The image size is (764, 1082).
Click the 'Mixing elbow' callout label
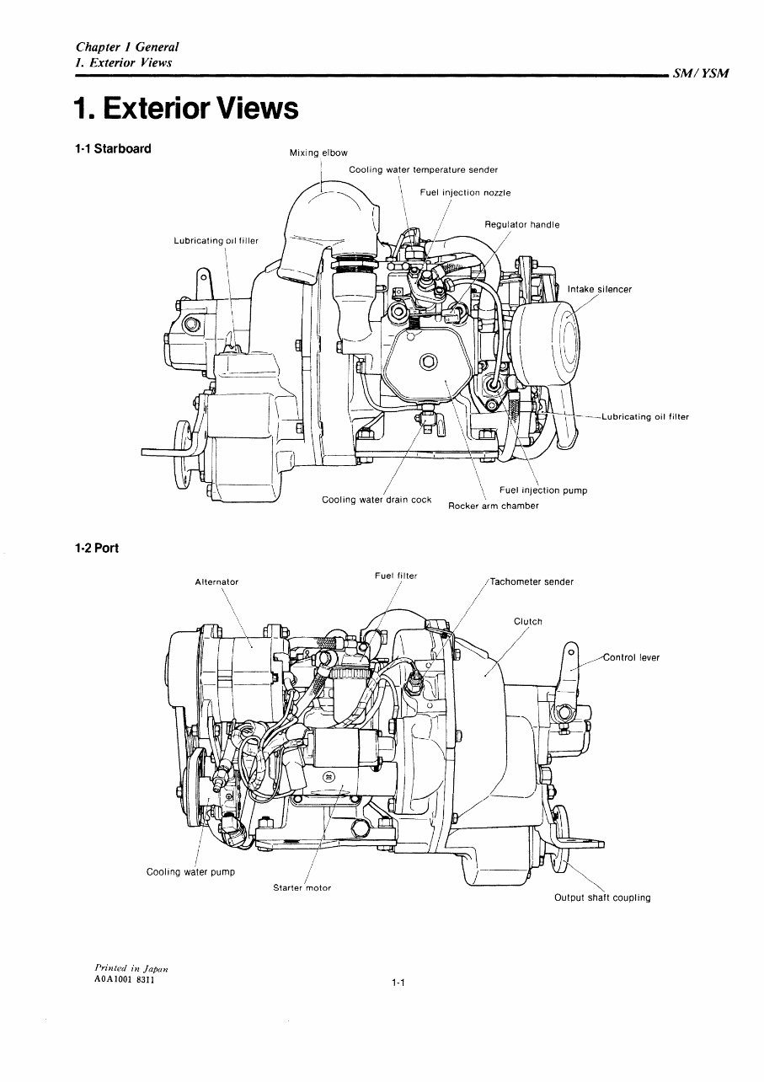(x=318, y=153)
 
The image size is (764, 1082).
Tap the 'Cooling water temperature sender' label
(x=423, y=170)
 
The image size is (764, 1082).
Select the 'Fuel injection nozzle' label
(x=465, y=193)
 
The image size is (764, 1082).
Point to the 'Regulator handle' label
(x=521, y=225)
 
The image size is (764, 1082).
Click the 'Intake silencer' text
(x=599, y=290)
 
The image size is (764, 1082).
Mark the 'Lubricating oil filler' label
(x=216, y=241)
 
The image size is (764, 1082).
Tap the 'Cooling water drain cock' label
(x=377, y=500)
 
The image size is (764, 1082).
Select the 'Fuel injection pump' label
(x=542, y=490)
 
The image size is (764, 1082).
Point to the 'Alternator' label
(x=216, y=582)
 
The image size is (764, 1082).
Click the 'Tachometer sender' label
(x=532, y=581)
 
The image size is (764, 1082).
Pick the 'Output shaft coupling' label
(x=601, y=897)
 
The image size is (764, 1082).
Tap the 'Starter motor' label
(x=302, y=888)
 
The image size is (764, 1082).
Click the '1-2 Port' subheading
(x=96, y=549)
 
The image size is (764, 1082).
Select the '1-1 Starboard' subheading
(x=113, y=149)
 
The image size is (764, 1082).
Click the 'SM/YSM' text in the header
(x=701, y=73)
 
